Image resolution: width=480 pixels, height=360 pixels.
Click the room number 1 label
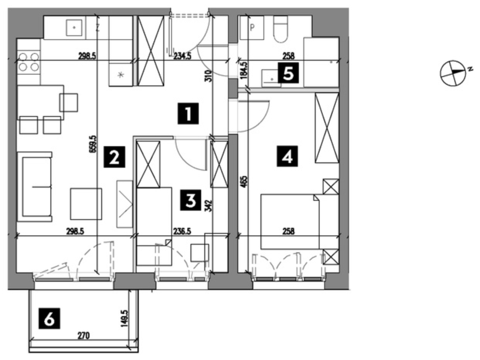(188, 114)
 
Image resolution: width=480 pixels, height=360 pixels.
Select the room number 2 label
(114, 157)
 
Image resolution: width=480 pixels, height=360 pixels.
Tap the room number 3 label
(190, 200)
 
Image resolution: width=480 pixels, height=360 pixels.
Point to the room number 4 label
(287, 156)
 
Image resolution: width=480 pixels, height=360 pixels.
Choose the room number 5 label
(288, 73)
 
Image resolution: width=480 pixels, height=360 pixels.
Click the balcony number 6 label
(49, 318)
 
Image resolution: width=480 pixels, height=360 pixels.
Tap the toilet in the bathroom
(280, 30)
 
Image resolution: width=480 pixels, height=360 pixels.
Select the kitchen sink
(74, 28)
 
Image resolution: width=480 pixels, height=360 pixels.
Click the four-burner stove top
(28, 62)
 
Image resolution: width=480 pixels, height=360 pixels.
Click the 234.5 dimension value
(182, 56)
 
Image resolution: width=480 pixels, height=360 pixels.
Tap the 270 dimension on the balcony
(84, 335)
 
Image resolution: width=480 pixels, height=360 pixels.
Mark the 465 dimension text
(245, 182)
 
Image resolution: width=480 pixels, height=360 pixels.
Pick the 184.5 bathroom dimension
(244, 70)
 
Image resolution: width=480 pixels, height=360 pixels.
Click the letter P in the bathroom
(253, 28)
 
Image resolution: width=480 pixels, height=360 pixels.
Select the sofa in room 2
(35, 187)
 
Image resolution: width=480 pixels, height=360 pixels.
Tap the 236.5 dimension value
(182, 231)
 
